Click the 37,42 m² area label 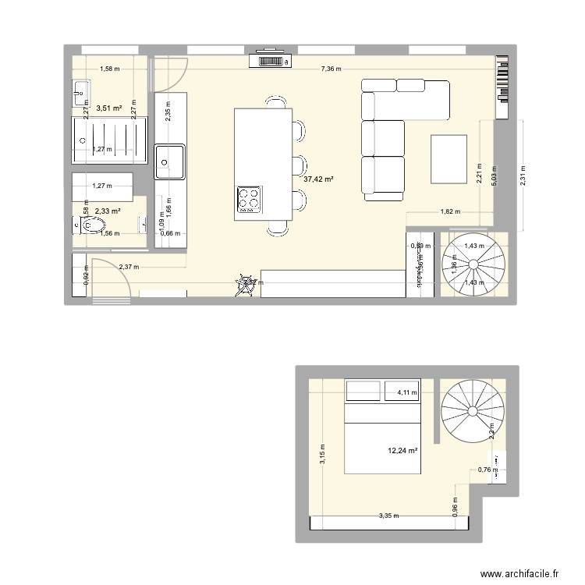pos(318,179)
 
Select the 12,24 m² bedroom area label pos(403,450)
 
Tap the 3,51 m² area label pos(108,108)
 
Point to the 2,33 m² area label pos(108,211)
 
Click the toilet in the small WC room pos(90,226)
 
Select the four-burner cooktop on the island pos(249,200)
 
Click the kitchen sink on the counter pos(169,161)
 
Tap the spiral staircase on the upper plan pos(473,264)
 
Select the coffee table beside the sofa pos(448,159)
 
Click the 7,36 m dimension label pos(331,69)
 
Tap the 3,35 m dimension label pos(388,516)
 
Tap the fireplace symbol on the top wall pos(269,60)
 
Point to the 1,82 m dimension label pos(450,211)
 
